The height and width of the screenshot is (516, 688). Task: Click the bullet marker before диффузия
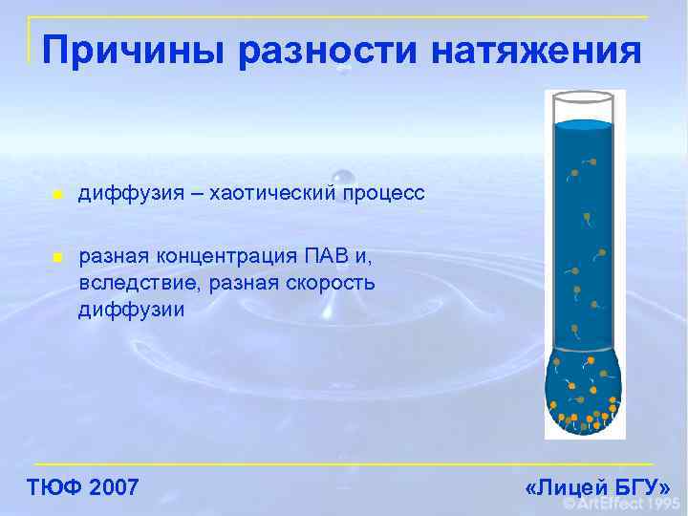click(x=58, y=195)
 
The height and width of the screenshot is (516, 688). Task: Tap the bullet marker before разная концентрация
click(x=58, y=258)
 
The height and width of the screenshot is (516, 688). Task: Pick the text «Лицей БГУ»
click(x=597, y=487)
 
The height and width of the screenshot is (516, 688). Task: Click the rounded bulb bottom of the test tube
click(x=583, y=397)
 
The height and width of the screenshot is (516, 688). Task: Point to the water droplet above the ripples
click(x=343, y=178)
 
